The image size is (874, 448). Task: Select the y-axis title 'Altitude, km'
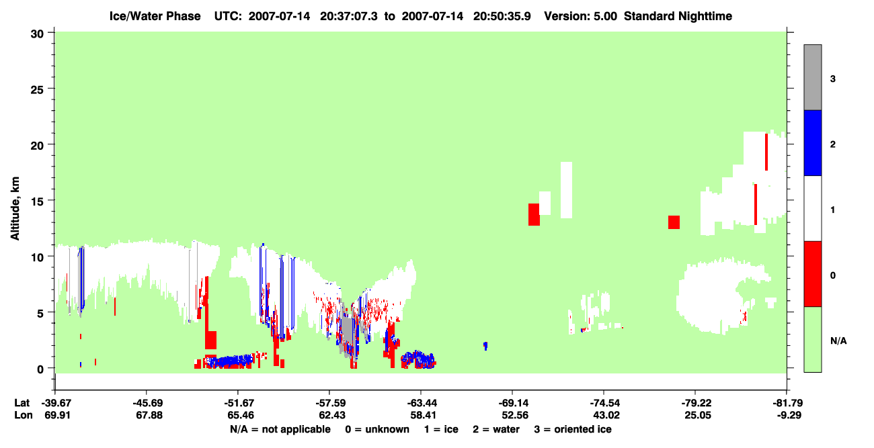[15, 209]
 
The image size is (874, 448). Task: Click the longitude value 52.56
[515, 415]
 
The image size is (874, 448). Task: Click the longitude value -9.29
[789, 415]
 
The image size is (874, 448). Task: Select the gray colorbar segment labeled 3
[812, 77]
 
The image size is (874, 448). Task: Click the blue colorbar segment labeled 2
[812, 142]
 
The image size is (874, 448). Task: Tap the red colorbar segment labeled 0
[812, 274]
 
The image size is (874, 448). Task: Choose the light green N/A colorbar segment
[812, 339]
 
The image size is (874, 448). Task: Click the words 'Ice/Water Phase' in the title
[155, 16]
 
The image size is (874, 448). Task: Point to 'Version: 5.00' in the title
[581, 16]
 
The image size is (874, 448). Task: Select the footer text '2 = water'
[496, 429]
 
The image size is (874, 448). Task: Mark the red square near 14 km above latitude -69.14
[534, 214]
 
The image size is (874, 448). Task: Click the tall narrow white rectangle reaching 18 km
[566, 190]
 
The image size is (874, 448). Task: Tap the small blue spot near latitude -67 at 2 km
[485, 346]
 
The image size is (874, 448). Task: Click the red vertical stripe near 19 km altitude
[766, 152]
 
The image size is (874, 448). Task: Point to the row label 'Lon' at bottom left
[24, 415]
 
